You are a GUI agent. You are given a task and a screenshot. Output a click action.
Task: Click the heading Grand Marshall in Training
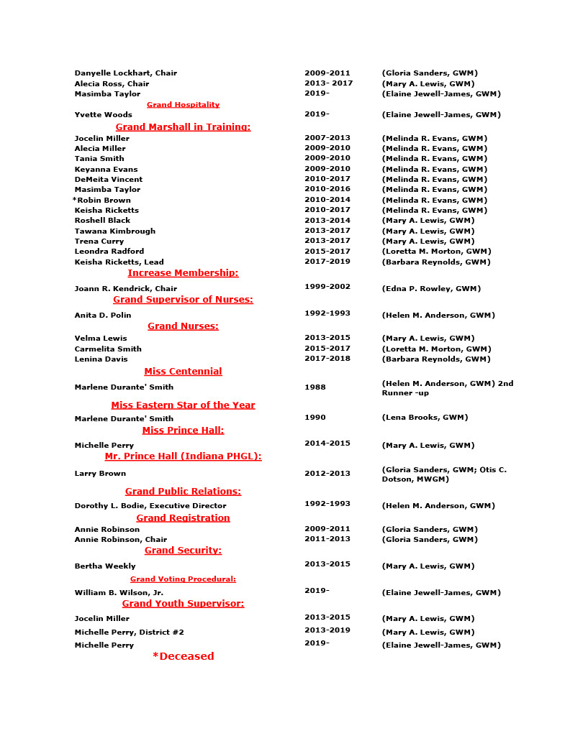[183, 127]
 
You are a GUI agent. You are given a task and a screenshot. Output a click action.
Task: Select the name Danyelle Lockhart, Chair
[125, 73]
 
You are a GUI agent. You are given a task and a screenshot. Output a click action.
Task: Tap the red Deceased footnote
[183, 656]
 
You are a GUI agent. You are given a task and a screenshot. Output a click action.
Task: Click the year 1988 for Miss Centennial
[315, 387]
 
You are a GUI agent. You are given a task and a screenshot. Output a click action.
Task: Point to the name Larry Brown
[100, 474]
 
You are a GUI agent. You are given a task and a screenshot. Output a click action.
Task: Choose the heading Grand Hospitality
[183, 105]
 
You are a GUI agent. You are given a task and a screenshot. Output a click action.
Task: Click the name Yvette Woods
[103, 115]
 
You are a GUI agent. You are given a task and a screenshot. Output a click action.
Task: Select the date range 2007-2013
[327, 138]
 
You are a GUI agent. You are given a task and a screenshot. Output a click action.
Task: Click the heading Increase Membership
[183, 273]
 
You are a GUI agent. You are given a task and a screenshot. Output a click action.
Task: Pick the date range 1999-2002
[327, 287]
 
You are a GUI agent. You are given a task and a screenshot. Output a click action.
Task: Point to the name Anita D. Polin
[103, 316]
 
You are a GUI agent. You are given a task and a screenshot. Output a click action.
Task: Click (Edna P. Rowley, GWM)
[430, 289]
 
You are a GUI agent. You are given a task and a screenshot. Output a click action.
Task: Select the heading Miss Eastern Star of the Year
[183, 405]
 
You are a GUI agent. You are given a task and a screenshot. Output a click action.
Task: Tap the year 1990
[315, 418]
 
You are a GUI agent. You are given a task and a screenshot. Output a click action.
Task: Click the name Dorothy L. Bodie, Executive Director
[150, 506]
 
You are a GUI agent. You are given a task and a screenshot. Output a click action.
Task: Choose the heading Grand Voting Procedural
[183, 579]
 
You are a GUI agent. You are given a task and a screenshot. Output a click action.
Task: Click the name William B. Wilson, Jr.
[119, 593]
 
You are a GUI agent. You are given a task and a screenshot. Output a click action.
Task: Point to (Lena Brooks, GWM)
[425, 418]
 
